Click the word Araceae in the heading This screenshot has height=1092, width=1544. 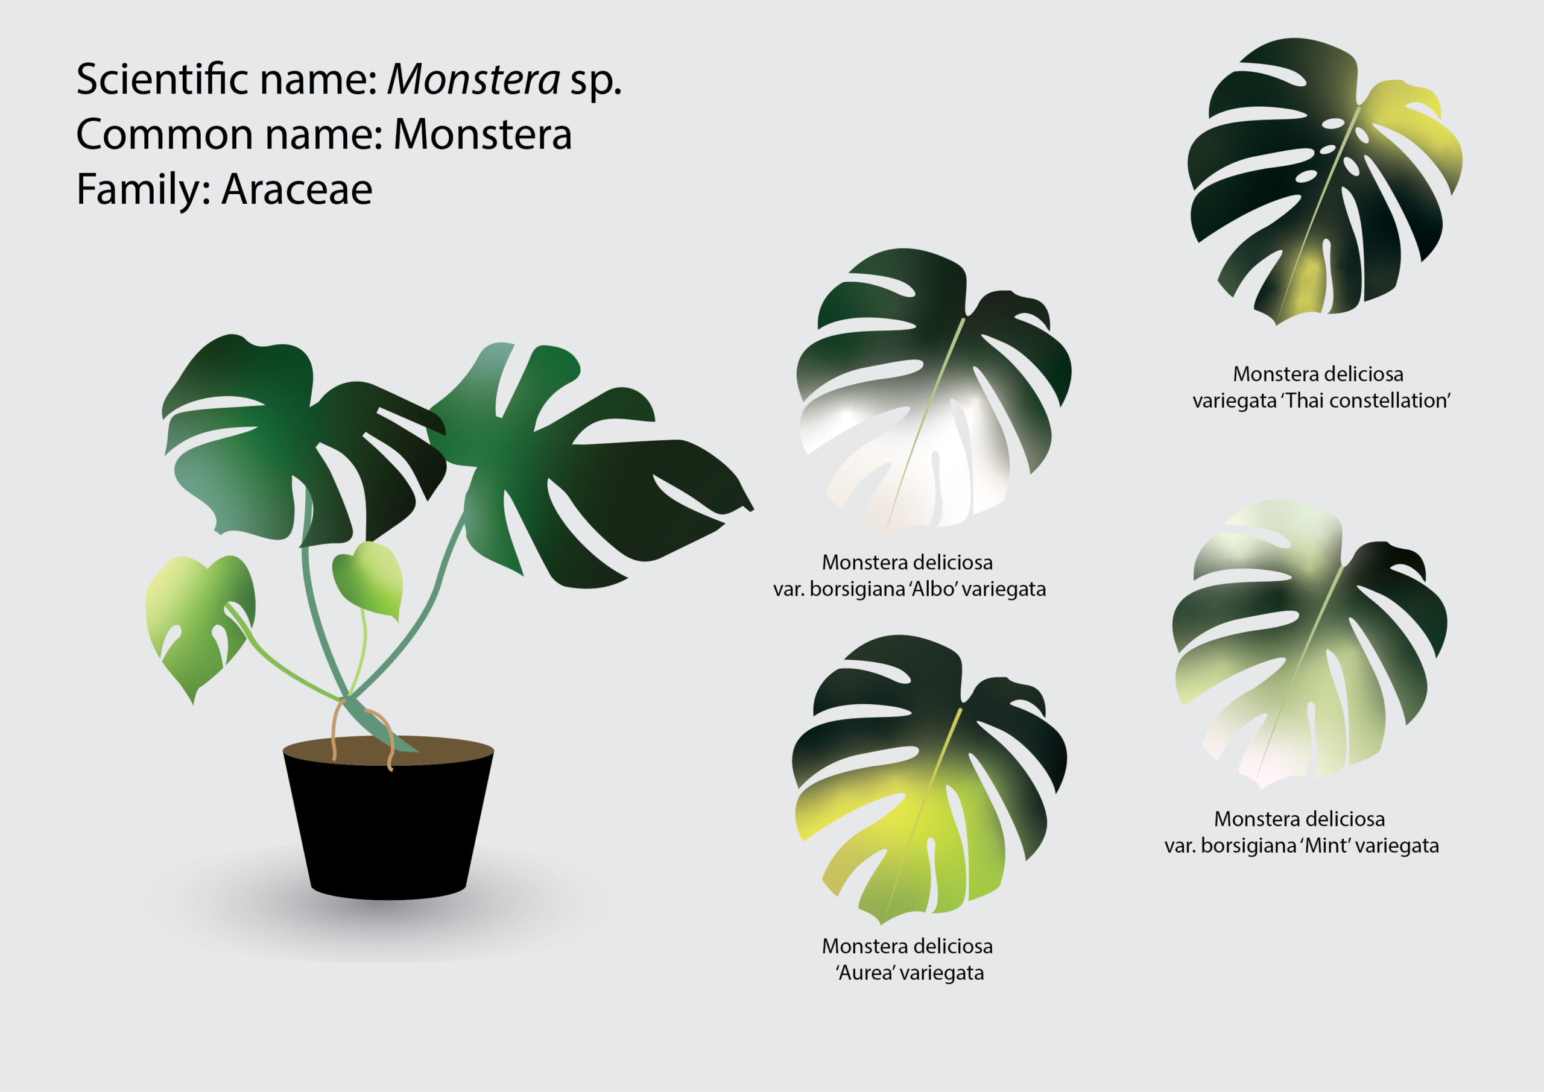coord(297,189)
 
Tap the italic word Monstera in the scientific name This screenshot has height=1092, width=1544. coord(473,80)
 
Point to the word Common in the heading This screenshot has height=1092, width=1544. coord(162,134)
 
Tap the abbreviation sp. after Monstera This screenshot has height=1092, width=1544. coord(596,82)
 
